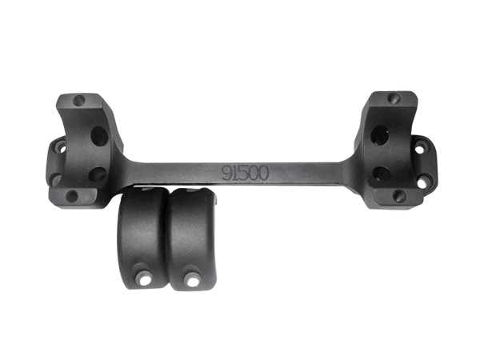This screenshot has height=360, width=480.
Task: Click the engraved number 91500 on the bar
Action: (x=246, y=174)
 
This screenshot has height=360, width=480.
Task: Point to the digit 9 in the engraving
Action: (x=227, y=174)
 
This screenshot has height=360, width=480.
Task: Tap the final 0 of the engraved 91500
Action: (x=264, y=174)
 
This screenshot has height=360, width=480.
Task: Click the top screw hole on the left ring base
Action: (x=79, y=100)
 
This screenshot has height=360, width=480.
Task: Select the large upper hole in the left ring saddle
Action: (x=100, y=137)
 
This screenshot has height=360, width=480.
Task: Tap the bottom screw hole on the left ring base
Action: (x=72, y=196)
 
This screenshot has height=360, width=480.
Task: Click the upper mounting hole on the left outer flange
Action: (x=62, y=147)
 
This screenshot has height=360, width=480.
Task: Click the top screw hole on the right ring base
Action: (x=394, y=98)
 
